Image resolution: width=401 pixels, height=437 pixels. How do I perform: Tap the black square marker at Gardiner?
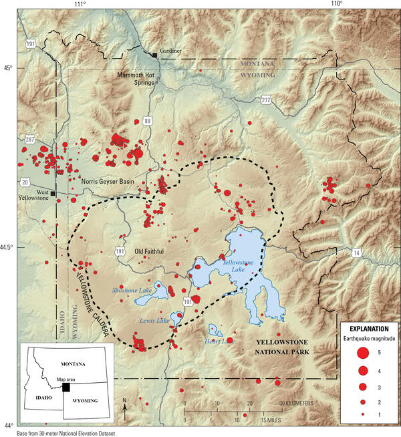pos(155,54)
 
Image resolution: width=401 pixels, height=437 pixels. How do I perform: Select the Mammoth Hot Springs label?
pos(141,78)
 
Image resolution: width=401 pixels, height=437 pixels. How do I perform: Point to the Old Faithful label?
pos(147,251)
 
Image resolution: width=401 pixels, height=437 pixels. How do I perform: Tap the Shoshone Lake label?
pos(132,291)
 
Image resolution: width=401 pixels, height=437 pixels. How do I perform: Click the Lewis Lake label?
pos(154,321)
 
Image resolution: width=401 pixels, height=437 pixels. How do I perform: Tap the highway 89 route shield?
pos(147,121)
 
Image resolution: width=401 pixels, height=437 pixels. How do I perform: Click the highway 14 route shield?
pos(356,252)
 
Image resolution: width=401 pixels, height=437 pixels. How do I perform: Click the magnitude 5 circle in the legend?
pos(362,353)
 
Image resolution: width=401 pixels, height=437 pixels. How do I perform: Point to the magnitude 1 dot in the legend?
pos(362,415)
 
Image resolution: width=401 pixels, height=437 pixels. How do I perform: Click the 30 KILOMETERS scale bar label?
pos(298,403)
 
